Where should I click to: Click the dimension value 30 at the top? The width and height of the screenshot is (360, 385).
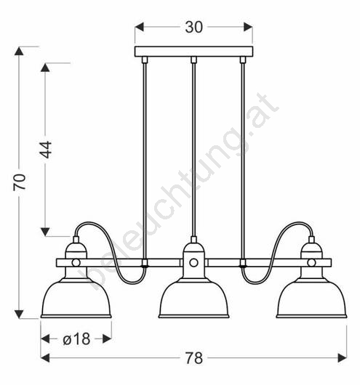click(193, 27)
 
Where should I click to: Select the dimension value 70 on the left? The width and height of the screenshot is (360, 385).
click(20, 182)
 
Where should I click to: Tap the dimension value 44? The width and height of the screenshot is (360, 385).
click(46, 150)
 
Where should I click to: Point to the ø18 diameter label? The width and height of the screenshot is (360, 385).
click(76, 339)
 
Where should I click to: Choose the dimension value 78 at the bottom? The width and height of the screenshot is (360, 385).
click(193, 358)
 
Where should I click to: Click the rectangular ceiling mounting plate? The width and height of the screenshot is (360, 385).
click(193, 52)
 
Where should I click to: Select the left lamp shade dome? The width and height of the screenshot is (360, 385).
click(76, 298)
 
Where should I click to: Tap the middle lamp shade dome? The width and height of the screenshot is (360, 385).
click(193, 298)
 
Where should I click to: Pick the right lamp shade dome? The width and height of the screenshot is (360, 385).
click(311, 298)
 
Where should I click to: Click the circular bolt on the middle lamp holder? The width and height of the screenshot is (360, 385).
click(193, 262)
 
